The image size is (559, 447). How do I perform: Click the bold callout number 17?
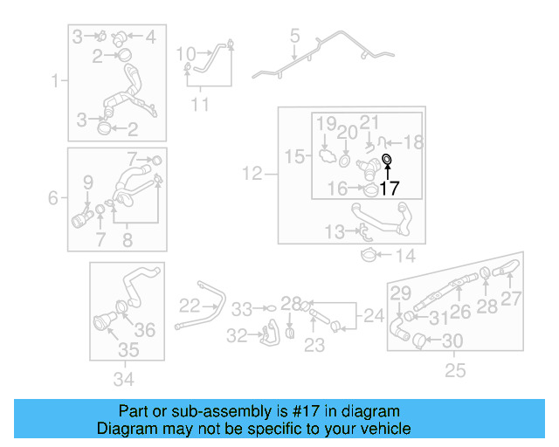click(x=389, y=187)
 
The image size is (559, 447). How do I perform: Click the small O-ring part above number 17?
click(x=387, y=160)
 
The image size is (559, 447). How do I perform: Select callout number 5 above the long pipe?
click(x=294, y=37)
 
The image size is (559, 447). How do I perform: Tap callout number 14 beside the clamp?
click(x=406, y=257)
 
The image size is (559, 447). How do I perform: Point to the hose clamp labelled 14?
click(x=370, y=255)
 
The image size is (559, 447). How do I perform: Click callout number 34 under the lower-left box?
click(x=124, y=378)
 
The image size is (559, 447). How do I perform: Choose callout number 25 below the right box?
click(x=455, y=371)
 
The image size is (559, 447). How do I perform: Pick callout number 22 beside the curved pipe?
click(x=190, y=306)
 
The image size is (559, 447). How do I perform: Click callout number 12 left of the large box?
click(x=252, y=175)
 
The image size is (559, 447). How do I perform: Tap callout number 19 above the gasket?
click(x=326, y=125)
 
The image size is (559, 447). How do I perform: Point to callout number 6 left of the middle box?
click(x=54, y=198)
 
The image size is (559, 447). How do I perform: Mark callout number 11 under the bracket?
click(x=201, y=105)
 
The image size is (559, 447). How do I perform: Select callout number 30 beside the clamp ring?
click(x=453, y=340)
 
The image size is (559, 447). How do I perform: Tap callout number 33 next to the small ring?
click(x=242, y=308)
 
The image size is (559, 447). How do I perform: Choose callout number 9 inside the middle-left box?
click(x=87, y=182)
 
